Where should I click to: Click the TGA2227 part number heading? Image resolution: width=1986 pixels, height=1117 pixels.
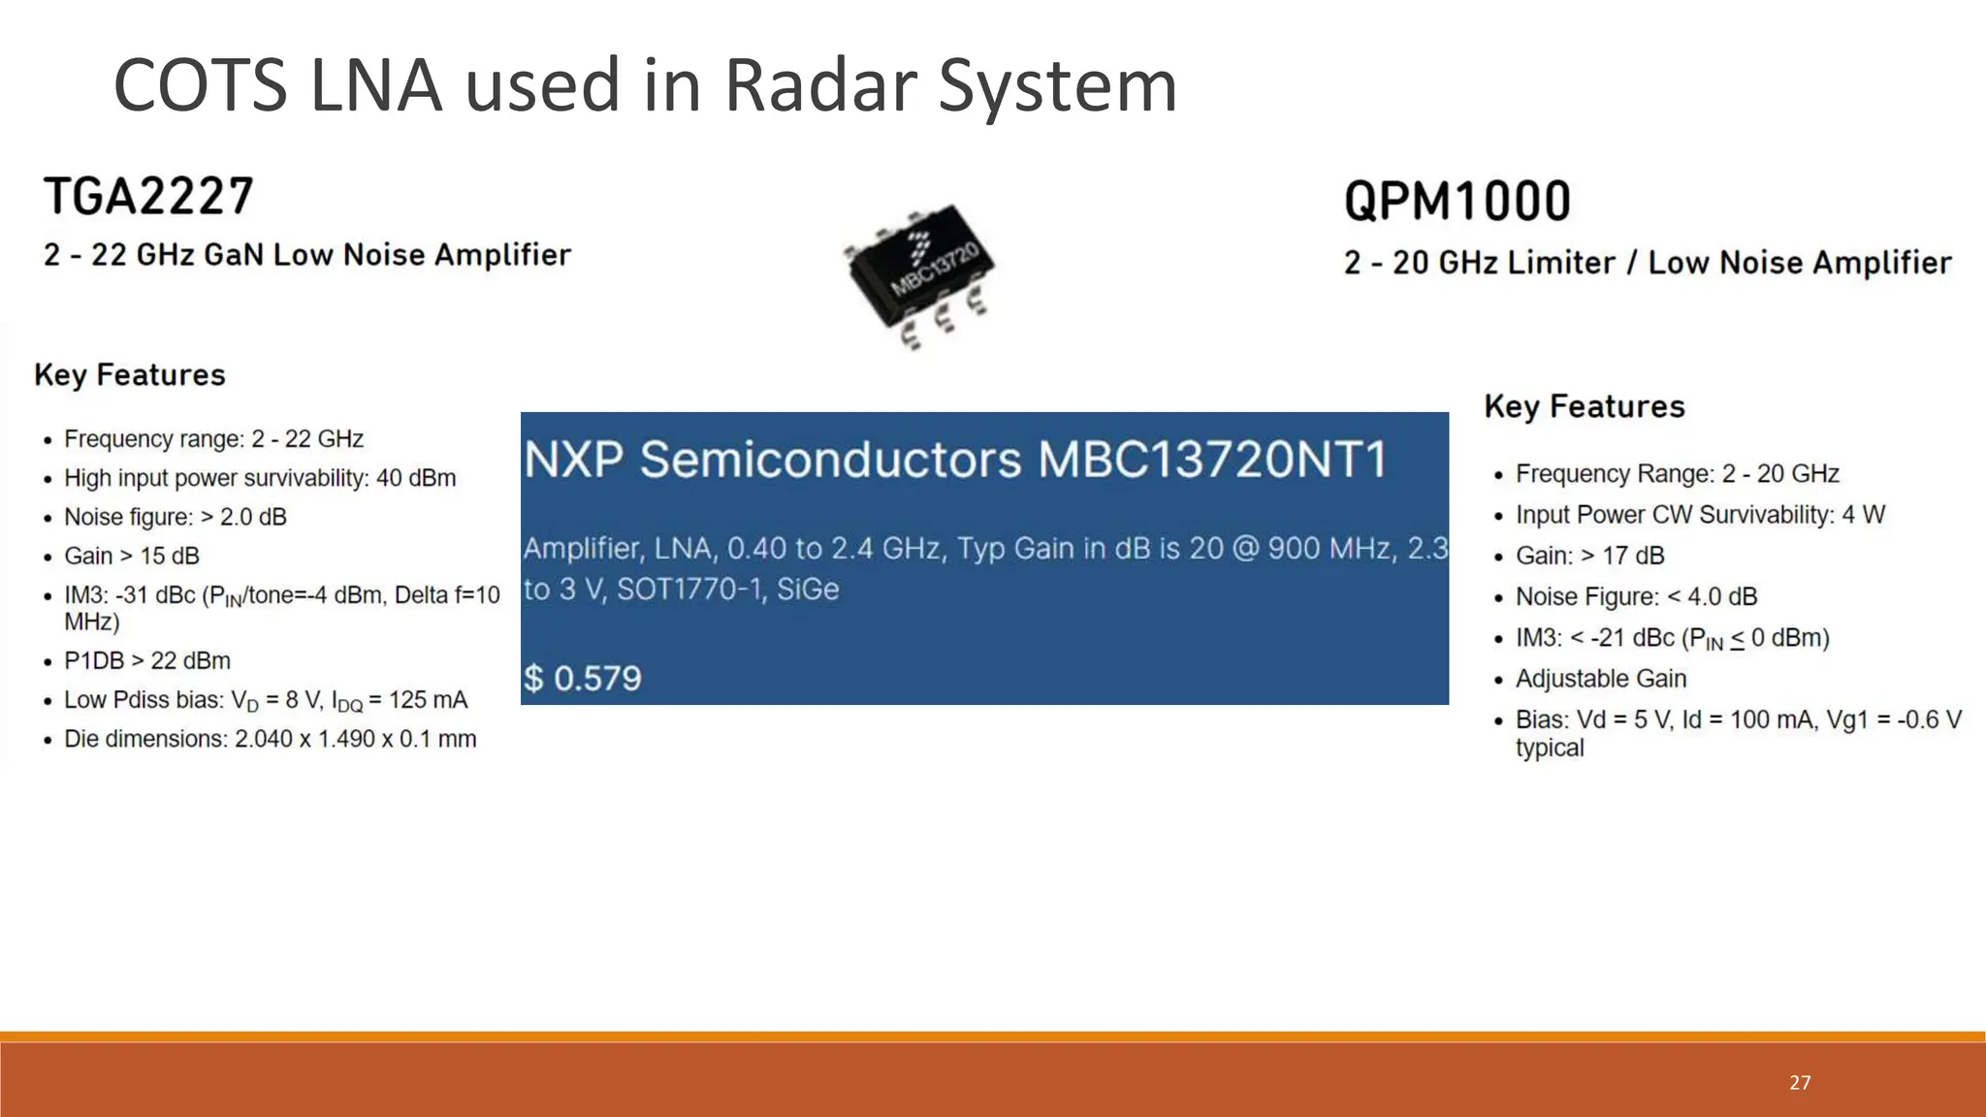(148, 197)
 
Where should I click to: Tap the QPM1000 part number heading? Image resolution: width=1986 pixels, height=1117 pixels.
(1457, 202)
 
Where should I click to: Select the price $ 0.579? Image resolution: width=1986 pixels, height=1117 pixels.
(582, 678)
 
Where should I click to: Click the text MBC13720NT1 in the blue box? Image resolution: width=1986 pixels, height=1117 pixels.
(1212, 460)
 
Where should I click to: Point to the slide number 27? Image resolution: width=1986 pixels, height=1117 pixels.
(1800, 1083)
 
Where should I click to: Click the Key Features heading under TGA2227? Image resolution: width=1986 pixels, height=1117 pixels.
(129, 375)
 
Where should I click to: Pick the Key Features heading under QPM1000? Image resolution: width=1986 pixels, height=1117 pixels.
(1585, 406)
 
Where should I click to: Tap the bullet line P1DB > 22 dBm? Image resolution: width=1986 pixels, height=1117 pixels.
(147, 661)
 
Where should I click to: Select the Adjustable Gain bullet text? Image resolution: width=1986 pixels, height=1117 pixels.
(1601, 679)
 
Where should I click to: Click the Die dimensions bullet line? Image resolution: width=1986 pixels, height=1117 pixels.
(270, 739)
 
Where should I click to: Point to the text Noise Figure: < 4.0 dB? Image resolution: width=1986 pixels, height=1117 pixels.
(1636, 596)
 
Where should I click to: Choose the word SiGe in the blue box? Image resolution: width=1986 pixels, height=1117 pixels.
(808, 590)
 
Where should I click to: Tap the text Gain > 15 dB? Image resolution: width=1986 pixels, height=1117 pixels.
(132, 557)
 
